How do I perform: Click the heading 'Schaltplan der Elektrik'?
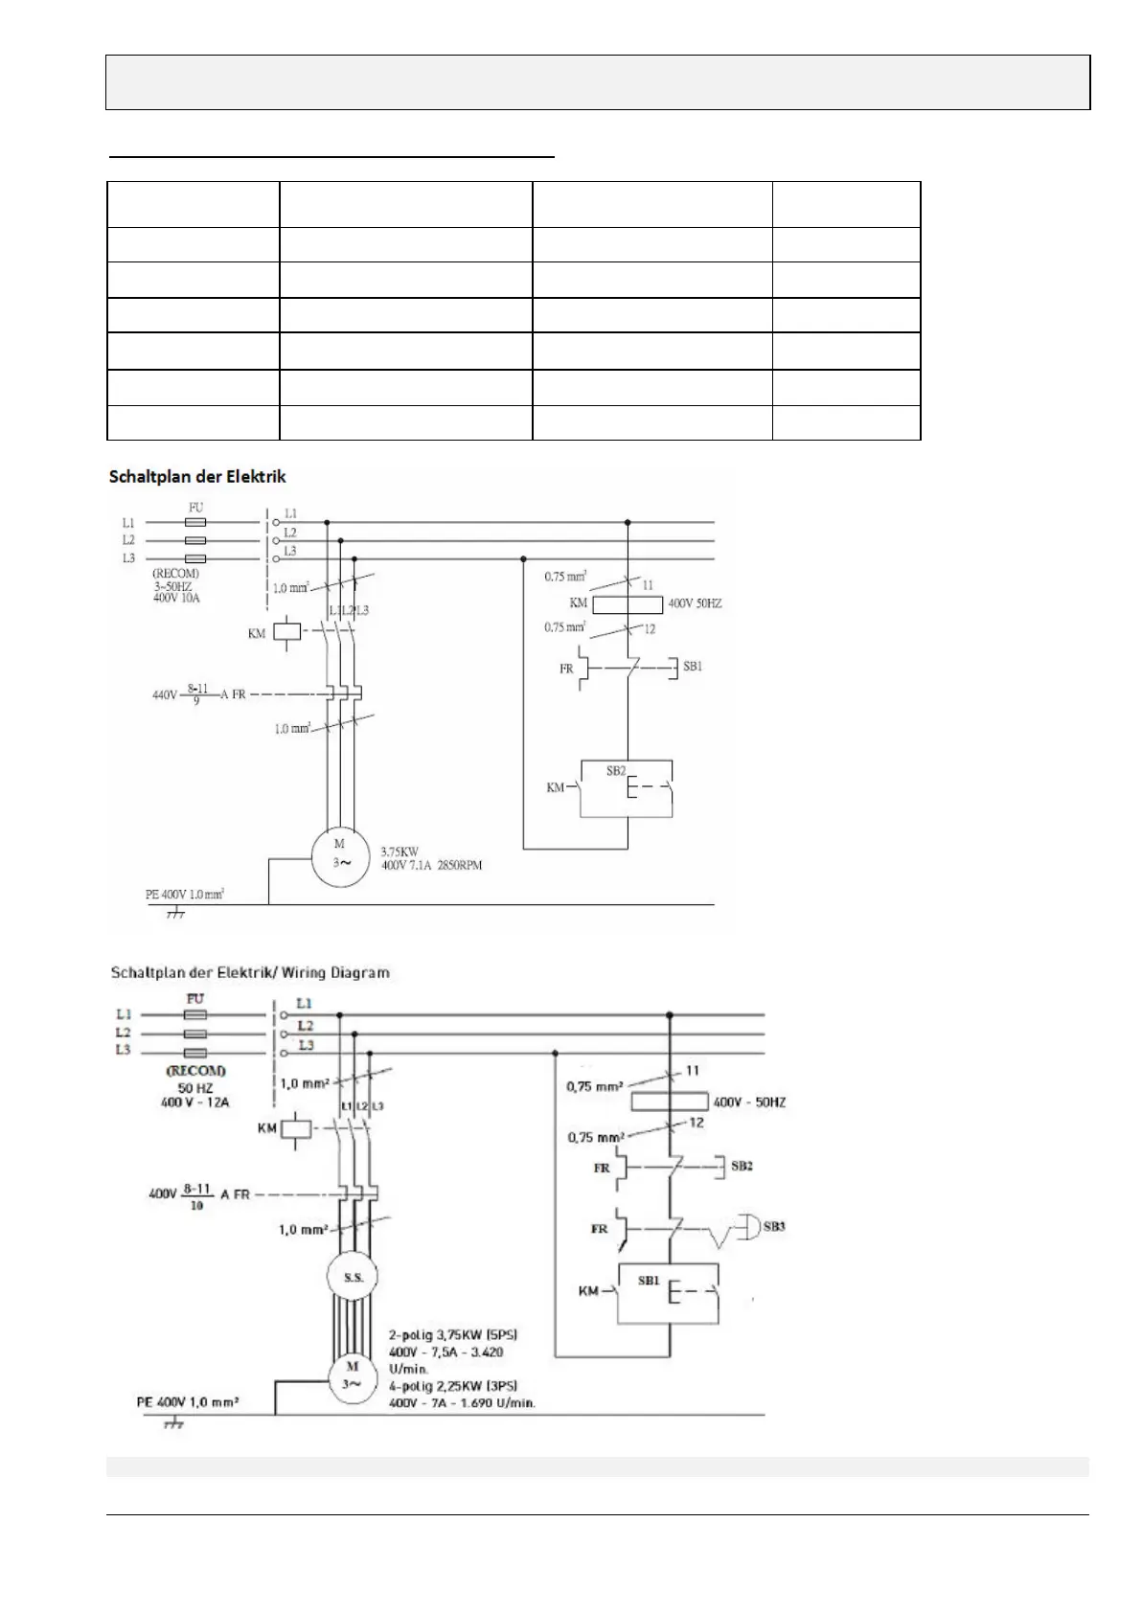point(197,476)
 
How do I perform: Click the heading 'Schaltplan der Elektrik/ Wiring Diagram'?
point(250,972)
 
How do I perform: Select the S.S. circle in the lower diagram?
point(353,1277)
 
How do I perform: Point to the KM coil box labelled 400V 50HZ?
point(628,604)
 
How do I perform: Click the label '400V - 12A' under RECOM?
point(196,1102)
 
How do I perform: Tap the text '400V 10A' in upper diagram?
point(176,598)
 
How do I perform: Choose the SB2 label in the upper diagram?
point(616,770)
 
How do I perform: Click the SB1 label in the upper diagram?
point(693,666)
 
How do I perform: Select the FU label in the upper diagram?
point(195,508)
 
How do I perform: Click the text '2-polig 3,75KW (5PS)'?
point(454,1334)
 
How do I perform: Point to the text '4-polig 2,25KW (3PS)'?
point(453,1386)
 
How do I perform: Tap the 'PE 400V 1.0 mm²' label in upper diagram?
point(184,895)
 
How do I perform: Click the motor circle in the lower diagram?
point(352,1377)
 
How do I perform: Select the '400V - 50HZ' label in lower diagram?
point(749,1102)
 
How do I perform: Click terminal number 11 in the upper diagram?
point(649,584)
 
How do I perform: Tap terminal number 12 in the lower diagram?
point(697,1122)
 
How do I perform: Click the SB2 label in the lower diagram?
point(742,1166)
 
